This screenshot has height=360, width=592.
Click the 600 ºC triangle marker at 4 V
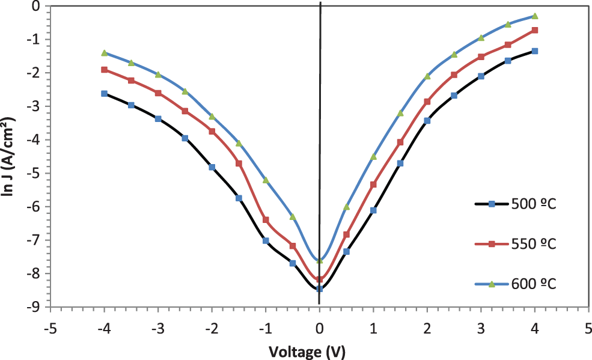coord(535,16)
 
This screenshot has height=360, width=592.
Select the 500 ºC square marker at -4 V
coord(104,94)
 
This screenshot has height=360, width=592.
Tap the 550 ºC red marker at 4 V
coord(535,30)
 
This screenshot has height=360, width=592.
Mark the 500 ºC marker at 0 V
coord(320,288)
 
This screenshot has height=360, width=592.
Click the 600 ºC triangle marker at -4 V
coord(104,53)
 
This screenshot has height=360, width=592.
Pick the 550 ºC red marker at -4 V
coord(104,70)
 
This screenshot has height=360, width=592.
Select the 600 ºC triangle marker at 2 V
coord(427,76)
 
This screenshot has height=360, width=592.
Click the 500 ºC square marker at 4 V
coord(535,51)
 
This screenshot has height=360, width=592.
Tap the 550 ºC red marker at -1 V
coord(266,220)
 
